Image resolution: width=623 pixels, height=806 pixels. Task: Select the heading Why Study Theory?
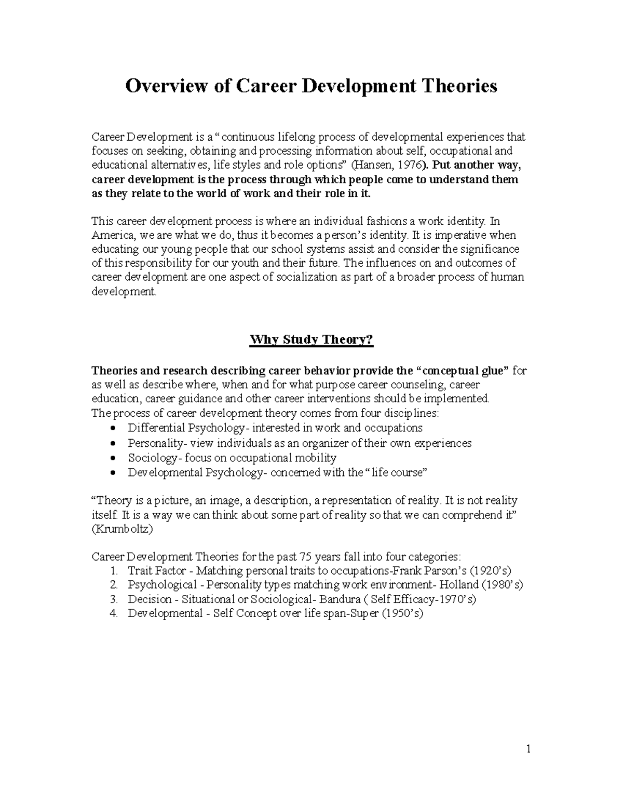311,340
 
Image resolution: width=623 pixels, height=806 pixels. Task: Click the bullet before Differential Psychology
114,429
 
